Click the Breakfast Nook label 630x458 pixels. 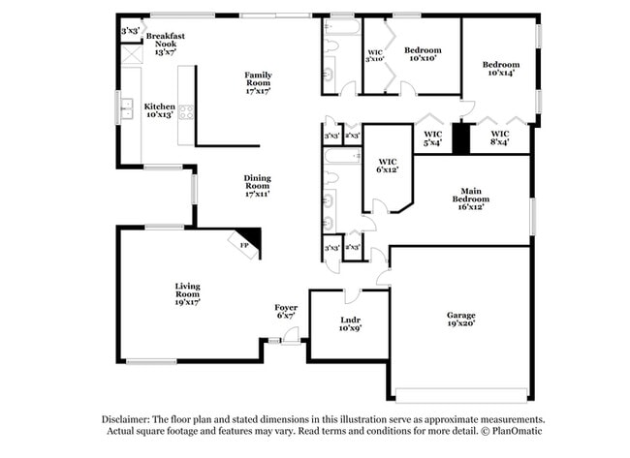[x=165, y=43]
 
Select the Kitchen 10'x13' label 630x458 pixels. [x=160, y=110]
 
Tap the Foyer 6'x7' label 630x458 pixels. [x=287, y=312]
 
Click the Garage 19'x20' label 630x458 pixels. [x=460, y=321]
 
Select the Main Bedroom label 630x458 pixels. [x=472, y=198]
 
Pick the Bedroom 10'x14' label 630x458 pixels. [x=500, y=69]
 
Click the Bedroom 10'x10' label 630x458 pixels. [x=423, y=54]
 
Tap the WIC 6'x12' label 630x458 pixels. [x=388, y=166]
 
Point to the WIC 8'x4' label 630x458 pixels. [x=500, y=137]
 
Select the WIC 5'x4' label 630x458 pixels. [x=433, y=137]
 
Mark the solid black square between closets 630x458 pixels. [x=461, y=137]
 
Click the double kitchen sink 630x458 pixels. [x=125, y=108]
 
